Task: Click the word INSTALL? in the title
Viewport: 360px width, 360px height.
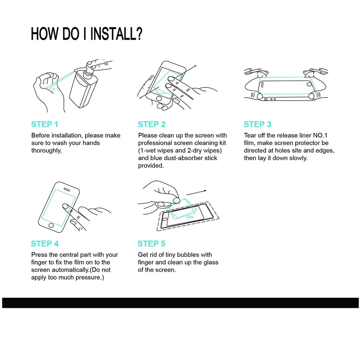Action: [x=116, y=34]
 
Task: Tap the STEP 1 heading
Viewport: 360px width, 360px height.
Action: [x=45, y=124]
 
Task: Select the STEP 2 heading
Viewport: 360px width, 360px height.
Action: [x=152, y=124]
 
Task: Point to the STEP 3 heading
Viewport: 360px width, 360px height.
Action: [x=257, y=124]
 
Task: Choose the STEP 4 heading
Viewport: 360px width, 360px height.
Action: [x=45, y=243]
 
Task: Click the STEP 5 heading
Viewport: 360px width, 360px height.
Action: [x=152, y=243]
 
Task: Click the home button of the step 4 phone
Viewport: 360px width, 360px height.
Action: [x=51, y=225]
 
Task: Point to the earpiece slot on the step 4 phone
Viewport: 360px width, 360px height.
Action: [x=67, y=189]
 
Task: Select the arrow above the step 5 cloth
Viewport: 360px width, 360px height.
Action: [x=196, y=193]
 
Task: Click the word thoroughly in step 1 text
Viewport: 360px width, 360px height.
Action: [x=47, y=151]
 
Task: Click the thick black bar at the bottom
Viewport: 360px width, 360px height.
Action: [x=180, y=303]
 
